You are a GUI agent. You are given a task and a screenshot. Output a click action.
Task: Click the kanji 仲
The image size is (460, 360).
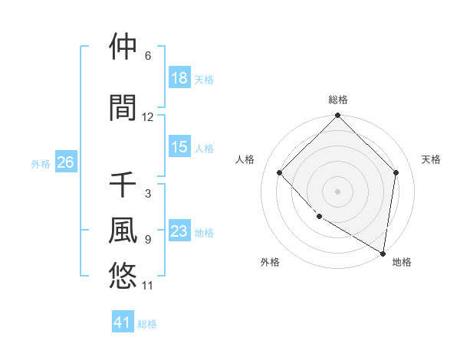123,47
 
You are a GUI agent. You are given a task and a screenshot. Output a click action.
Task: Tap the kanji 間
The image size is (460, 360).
123,108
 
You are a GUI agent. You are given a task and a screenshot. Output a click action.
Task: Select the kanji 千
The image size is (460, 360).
123,185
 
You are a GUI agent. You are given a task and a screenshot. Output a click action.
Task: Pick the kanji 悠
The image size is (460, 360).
123,274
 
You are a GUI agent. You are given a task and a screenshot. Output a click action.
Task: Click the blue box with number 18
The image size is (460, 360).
179,78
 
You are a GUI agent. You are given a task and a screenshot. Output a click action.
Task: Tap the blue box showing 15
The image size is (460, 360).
179,147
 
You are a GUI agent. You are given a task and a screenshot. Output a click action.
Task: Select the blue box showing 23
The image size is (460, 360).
179,231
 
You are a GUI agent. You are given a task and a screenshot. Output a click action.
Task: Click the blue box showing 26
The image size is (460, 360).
65,162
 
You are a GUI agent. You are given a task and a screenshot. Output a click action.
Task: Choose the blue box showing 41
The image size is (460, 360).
123,322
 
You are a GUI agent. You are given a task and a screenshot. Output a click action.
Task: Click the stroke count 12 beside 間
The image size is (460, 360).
148,117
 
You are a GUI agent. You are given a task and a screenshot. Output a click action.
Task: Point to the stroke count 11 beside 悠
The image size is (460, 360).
148,286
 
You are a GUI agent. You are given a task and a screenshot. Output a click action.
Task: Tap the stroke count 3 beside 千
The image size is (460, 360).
147,194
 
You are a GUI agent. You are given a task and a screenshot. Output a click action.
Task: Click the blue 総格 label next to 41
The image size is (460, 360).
147,324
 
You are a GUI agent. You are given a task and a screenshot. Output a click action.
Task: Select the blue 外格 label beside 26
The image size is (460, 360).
41,163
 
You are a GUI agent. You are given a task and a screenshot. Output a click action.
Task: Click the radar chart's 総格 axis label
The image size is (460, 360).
337,100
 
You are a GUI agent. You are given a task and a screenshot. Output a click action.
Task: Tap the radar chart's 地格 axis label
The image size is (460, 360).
402,262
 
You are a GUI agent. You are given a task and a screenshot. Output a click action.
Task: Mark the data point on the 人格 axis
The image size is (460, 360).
280,172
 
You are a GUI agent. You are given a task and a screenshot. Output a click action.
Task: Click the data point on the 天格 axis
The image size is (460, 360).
396,172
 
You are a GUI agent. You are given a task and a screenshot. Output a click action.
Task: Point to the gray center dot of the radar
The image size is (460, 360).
337,191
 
